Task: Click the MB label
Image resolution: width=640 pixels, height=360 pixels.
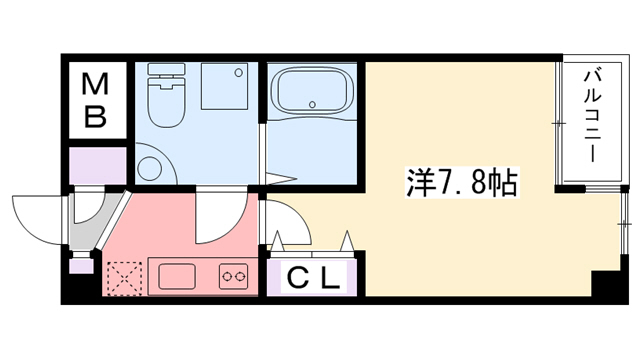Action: (95, 100)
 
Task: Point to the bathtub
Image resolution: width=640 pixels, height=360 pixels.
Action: (313, 92)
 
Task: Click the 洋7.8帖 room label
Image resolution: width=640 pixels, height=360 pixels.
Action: (461, 183)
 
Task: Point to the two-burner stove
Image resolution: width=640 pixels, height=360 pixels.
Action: (234, 274)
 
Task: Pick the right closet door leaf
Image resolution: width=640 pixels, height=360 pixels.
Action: (348, 243)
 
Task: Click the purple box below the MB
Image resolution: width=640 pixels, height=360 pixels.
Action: (97, 163)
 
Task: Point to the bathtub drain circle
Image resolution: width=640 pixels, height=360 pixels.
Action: (314, 103)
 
